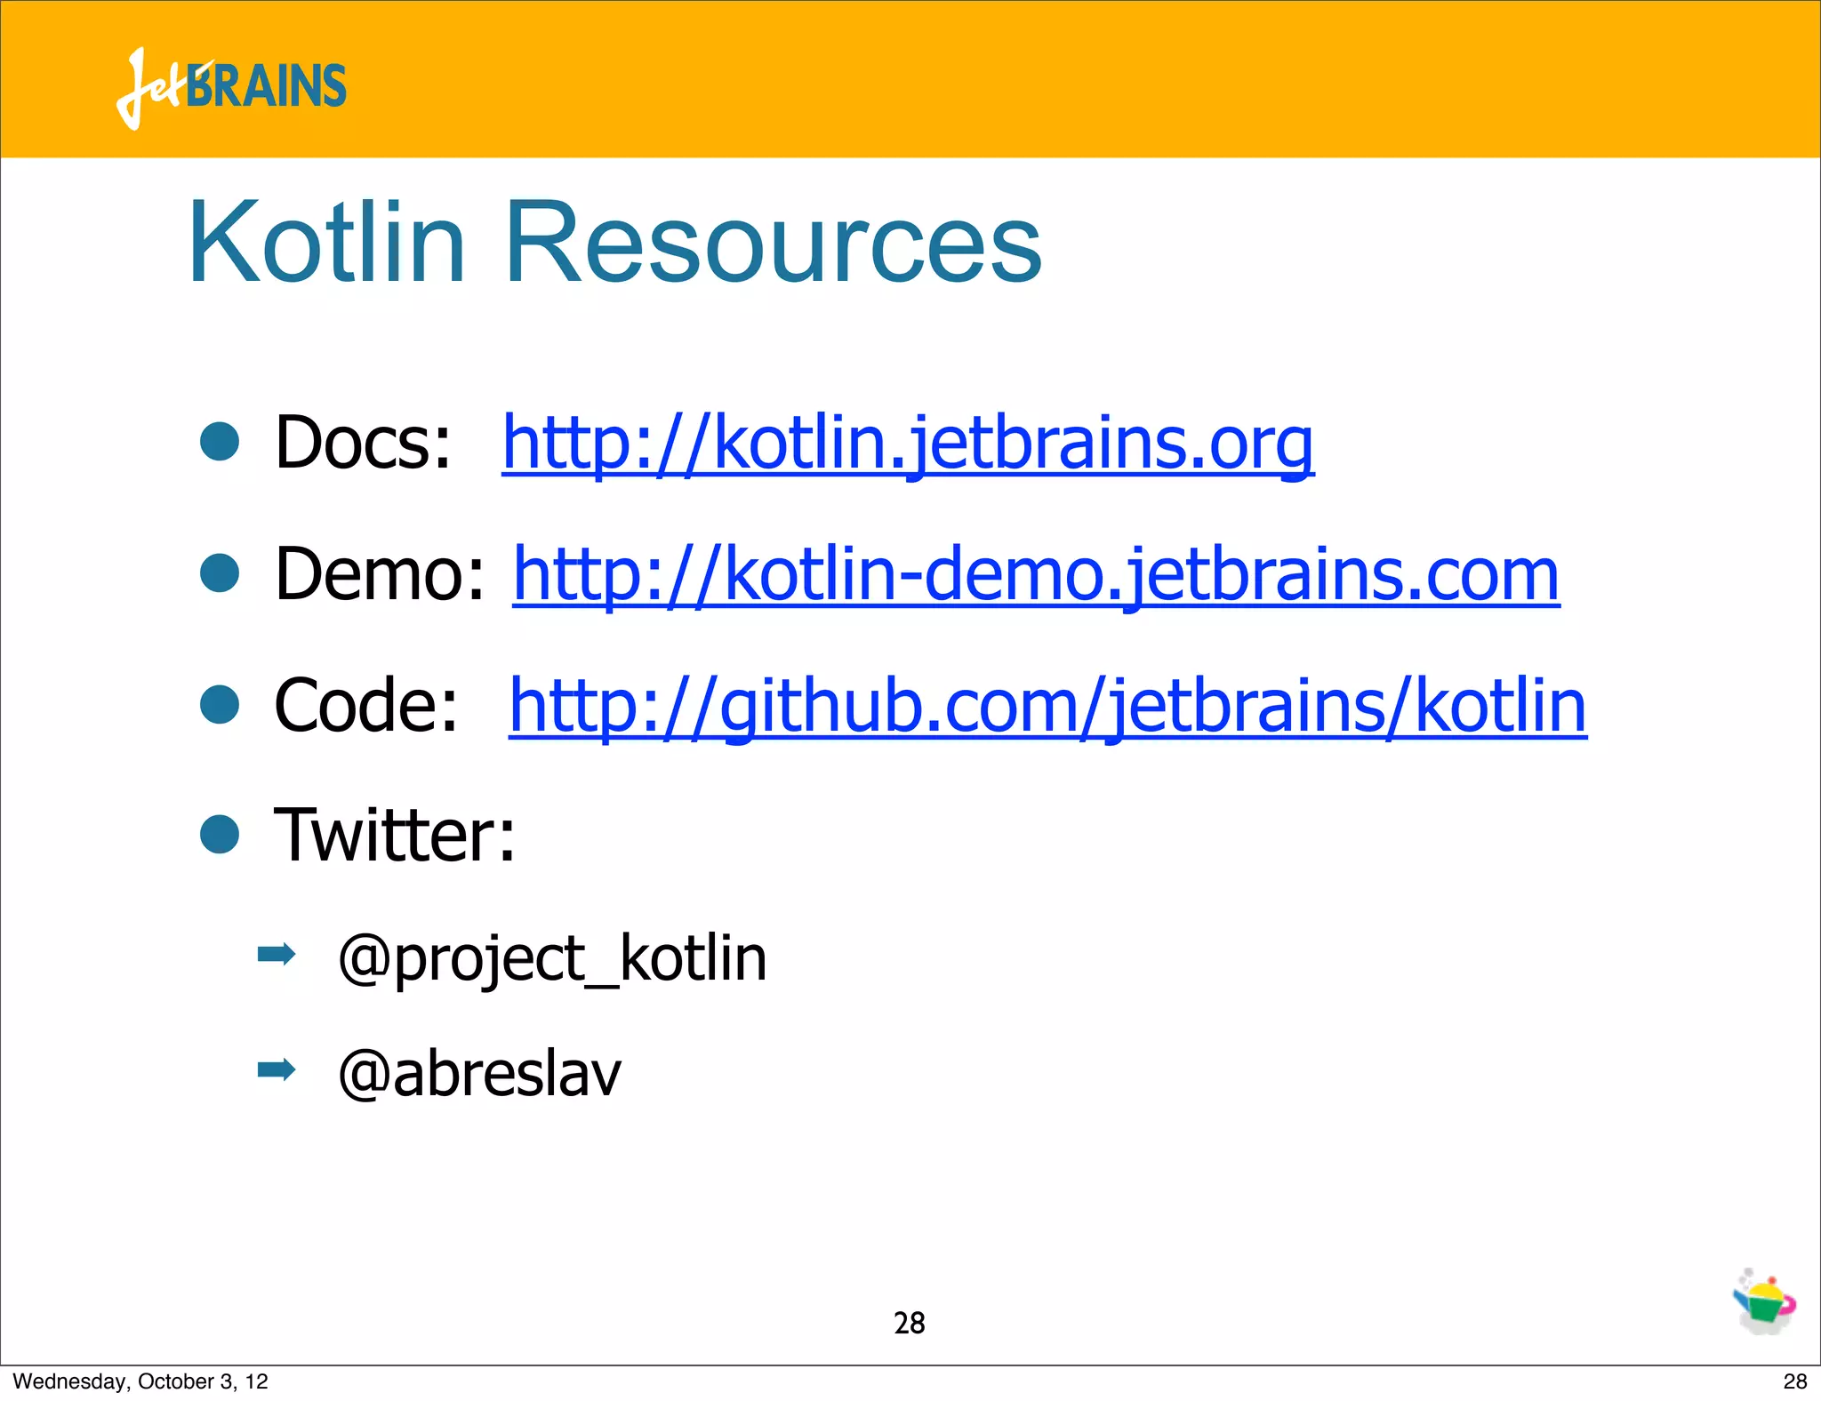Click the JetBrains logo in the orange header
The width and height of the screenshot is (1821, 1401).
point(231,87)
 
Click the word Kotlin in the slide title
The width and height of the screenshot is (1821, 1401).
point(326,242)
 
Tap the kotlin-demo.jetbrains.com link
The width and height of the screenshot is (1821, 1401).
point(1036,574)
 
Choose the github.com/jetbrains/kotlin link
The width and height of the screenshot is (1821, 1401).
point(1047,706)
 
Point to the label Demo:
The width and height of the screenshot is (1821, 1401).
point(380,574)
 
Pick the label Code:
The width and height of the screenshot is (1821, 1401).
point(365,706)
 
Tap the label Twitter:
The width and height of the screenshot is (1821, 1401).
point(394,836)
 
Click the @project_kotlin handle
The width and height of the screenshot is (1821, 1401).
point(552,959)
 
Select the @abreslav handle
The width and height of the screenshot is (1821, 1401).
point(479,1074)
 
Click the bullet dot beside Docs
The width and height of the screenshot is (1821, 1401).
point(220,442)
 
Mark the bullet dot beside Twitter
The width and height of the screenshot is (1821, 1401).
point(220,835)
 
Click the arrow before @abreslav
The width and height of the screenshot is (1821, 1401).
point(276,1069)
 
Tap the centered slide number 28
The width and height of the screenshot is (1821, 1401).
point(909,1324)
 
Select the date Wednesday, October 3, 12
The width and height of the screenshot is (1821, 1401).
point(140,1381)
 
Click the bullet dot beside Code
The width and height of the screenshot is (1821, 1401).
point(220,704)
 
